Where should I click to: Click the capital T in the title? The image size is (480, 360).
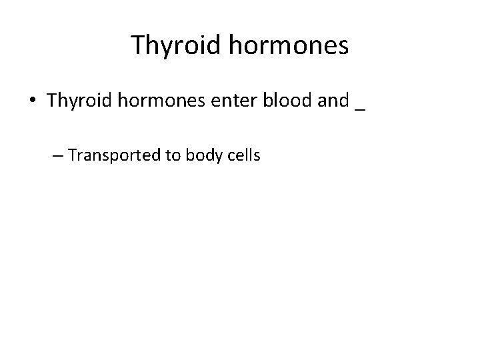tap(139, 45)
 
